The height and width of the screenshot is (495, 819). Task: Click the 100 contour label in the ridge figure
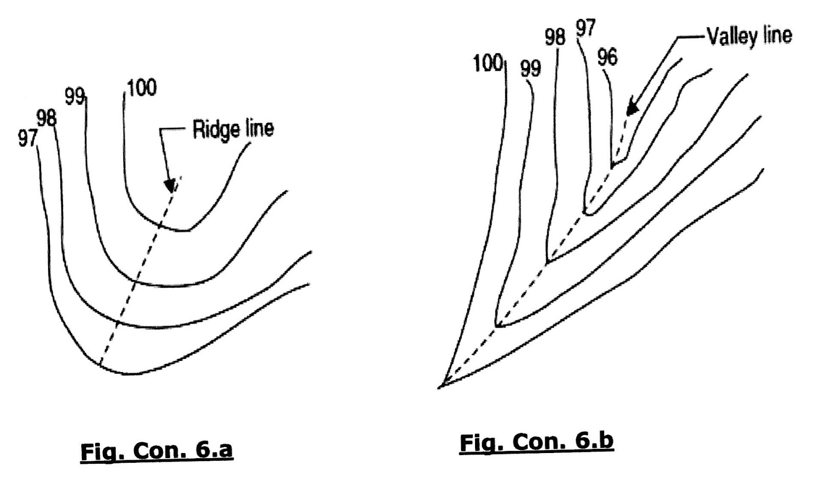tap(142, 88)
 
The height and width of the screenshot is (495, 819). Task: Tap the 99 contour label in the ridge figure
tap(75, 96)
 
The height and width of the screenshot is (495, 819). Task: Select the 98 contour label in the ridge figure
tap(46, 118)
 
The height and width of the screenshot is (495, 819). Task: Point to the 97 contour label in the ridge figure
tap(28, 138)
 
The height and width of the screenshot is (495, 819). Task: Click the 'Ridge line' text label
tap(233, 129)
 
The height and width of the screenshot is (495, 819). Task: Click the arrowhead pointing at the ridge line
tap(169, 185)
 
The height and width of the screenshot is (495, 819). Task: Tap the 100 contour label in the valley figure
tap(488, 63)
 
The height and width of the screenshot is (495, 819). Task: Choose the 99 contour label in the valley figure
tap(530, 68)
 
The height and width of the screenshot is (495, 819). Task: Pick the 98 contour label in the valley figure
tap(555, 37)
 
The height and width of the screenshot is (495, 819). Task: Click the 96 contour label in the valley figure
tap(608, 57)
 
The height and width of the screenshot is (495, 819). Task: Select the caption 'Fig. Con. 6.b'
tap(536, 442)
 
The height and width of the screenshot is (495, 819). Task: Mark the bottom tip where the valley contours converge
tap(440, 387)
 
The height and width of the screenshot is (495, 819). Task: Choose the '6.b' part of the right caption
tap(593, 442)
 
